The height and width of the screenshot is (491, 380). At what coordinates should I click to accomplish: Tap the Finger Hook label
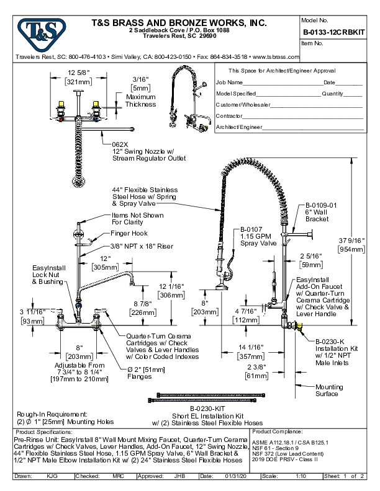130,233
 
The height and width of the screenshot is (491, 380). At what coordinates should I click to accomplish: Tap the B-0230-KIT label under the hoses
188,410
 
